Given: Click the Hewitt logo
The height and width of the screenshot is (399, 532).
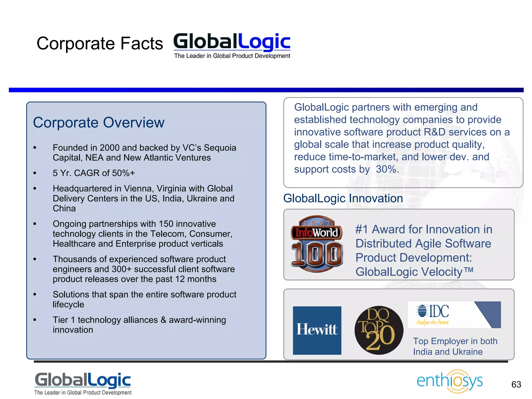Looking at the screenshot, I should point(317,330).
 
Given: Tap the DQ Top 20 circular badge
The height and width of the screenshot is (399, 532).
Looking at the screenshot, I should point(379,330).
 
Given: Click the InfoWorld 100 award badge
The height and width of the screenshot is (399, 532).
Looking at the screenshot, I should point(317,244).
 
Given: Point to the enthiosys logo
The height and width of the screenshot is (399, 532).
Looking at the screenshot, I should point(450,381).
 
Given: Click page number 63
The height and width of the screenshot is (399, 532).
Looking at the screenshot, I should point(516,384).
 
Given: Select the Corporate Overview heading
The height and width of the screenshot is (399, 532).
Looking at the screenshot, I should point(99,122).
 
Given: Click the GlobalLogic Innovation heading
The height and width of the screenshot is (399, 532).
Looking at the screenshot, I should point(343,198).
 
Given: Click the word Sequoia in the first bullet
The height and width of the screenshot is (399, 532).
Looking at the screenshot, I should point(220,148).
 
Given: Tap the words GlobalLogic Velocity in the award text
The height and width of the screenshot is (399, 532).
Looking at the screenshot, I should point(409,272).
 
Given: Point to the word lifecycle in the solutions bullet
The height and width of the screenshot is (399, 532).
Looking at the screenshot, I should point(68,304).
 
